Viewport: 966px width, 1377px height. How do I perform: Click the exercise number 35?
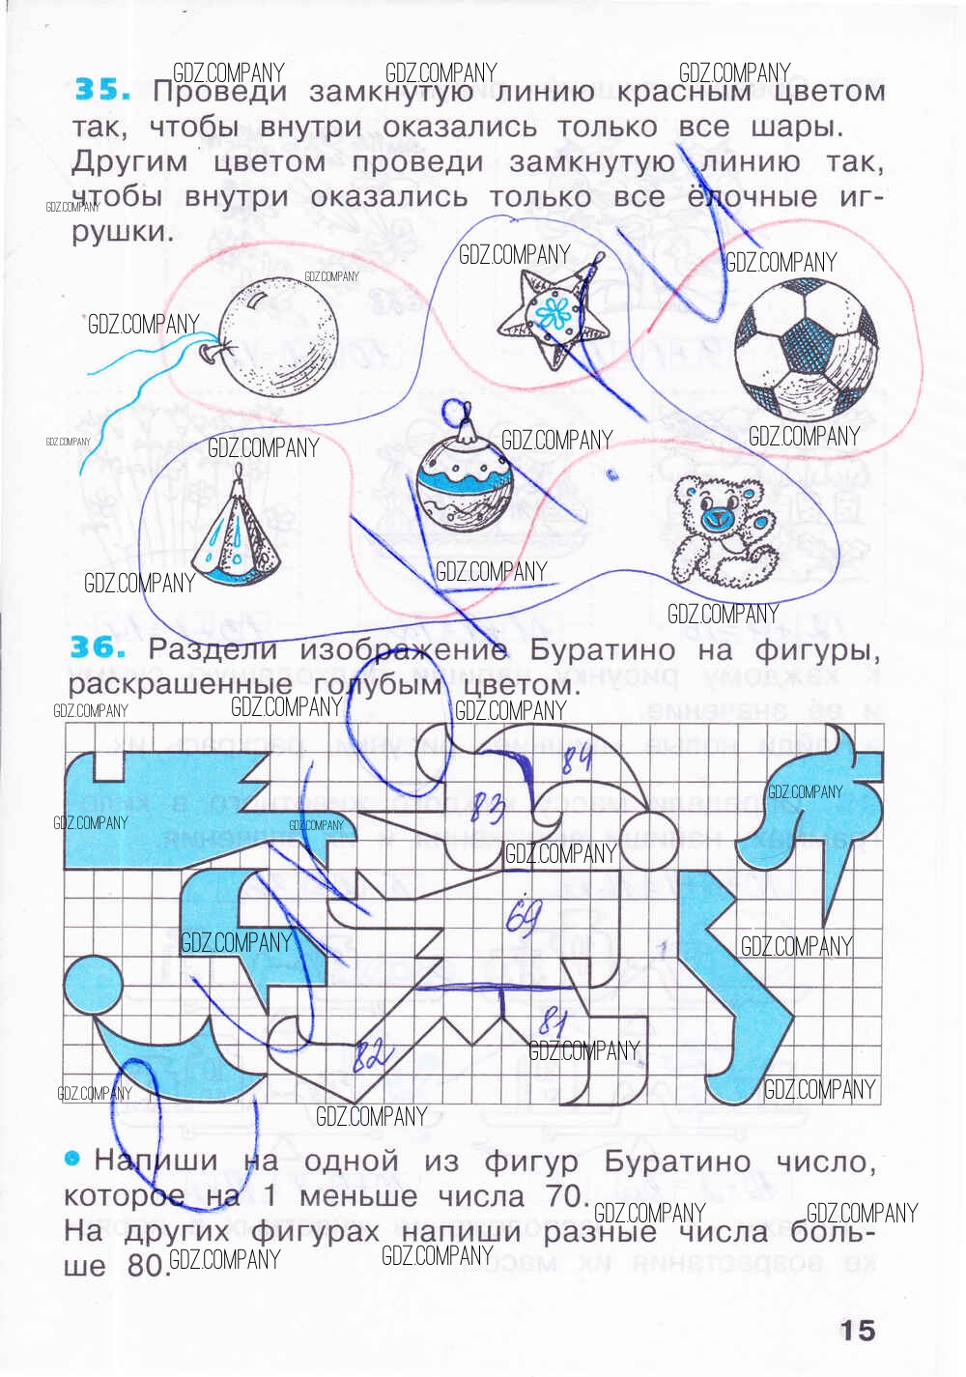click(x=100, y=90)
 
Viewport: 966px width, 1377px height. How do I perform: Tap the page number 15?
click(x=857, y=1331)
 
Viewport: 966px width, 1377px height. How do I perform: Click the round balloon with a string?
click(x=275, y=337)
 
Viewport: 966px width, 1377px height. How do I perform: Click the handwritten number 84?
click(x=577, y=759)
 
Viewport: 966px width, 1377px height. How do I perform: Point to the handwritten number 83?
click(x=488, y=807)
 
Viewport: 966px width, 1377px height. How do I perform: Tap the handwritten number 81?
click(x=554, y=1021)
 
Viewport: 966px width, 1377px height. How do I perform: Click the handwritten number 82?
click(x=371, y=1054)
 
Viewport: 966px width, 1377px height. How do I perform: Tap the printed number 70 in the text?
click(x=564, y=1195)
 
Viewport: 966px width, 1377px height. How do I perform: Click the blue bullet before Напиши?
click(x=71, y=1159)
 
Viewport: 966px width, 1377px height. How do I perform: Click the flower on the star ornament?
click(x=554, y=312)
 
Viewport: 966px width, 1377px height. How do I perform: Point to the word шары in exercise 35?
click(x=795, y=127)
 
